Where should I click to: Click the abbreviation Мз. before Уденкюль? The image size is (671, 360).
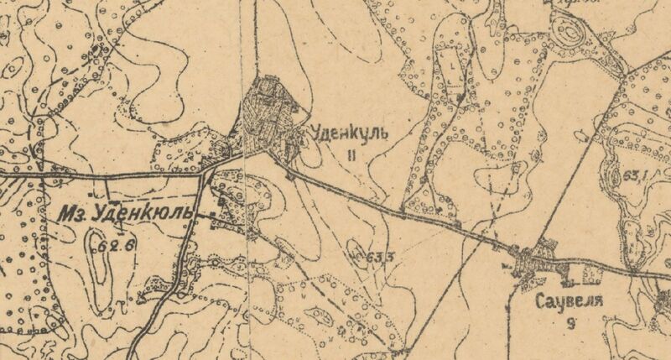tap(74, 216)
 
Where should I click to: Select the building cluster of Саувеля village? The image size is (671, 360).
tap(533, 264)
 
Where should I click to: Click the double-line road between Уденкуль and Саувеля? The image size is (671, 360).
tap(403, 210)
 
